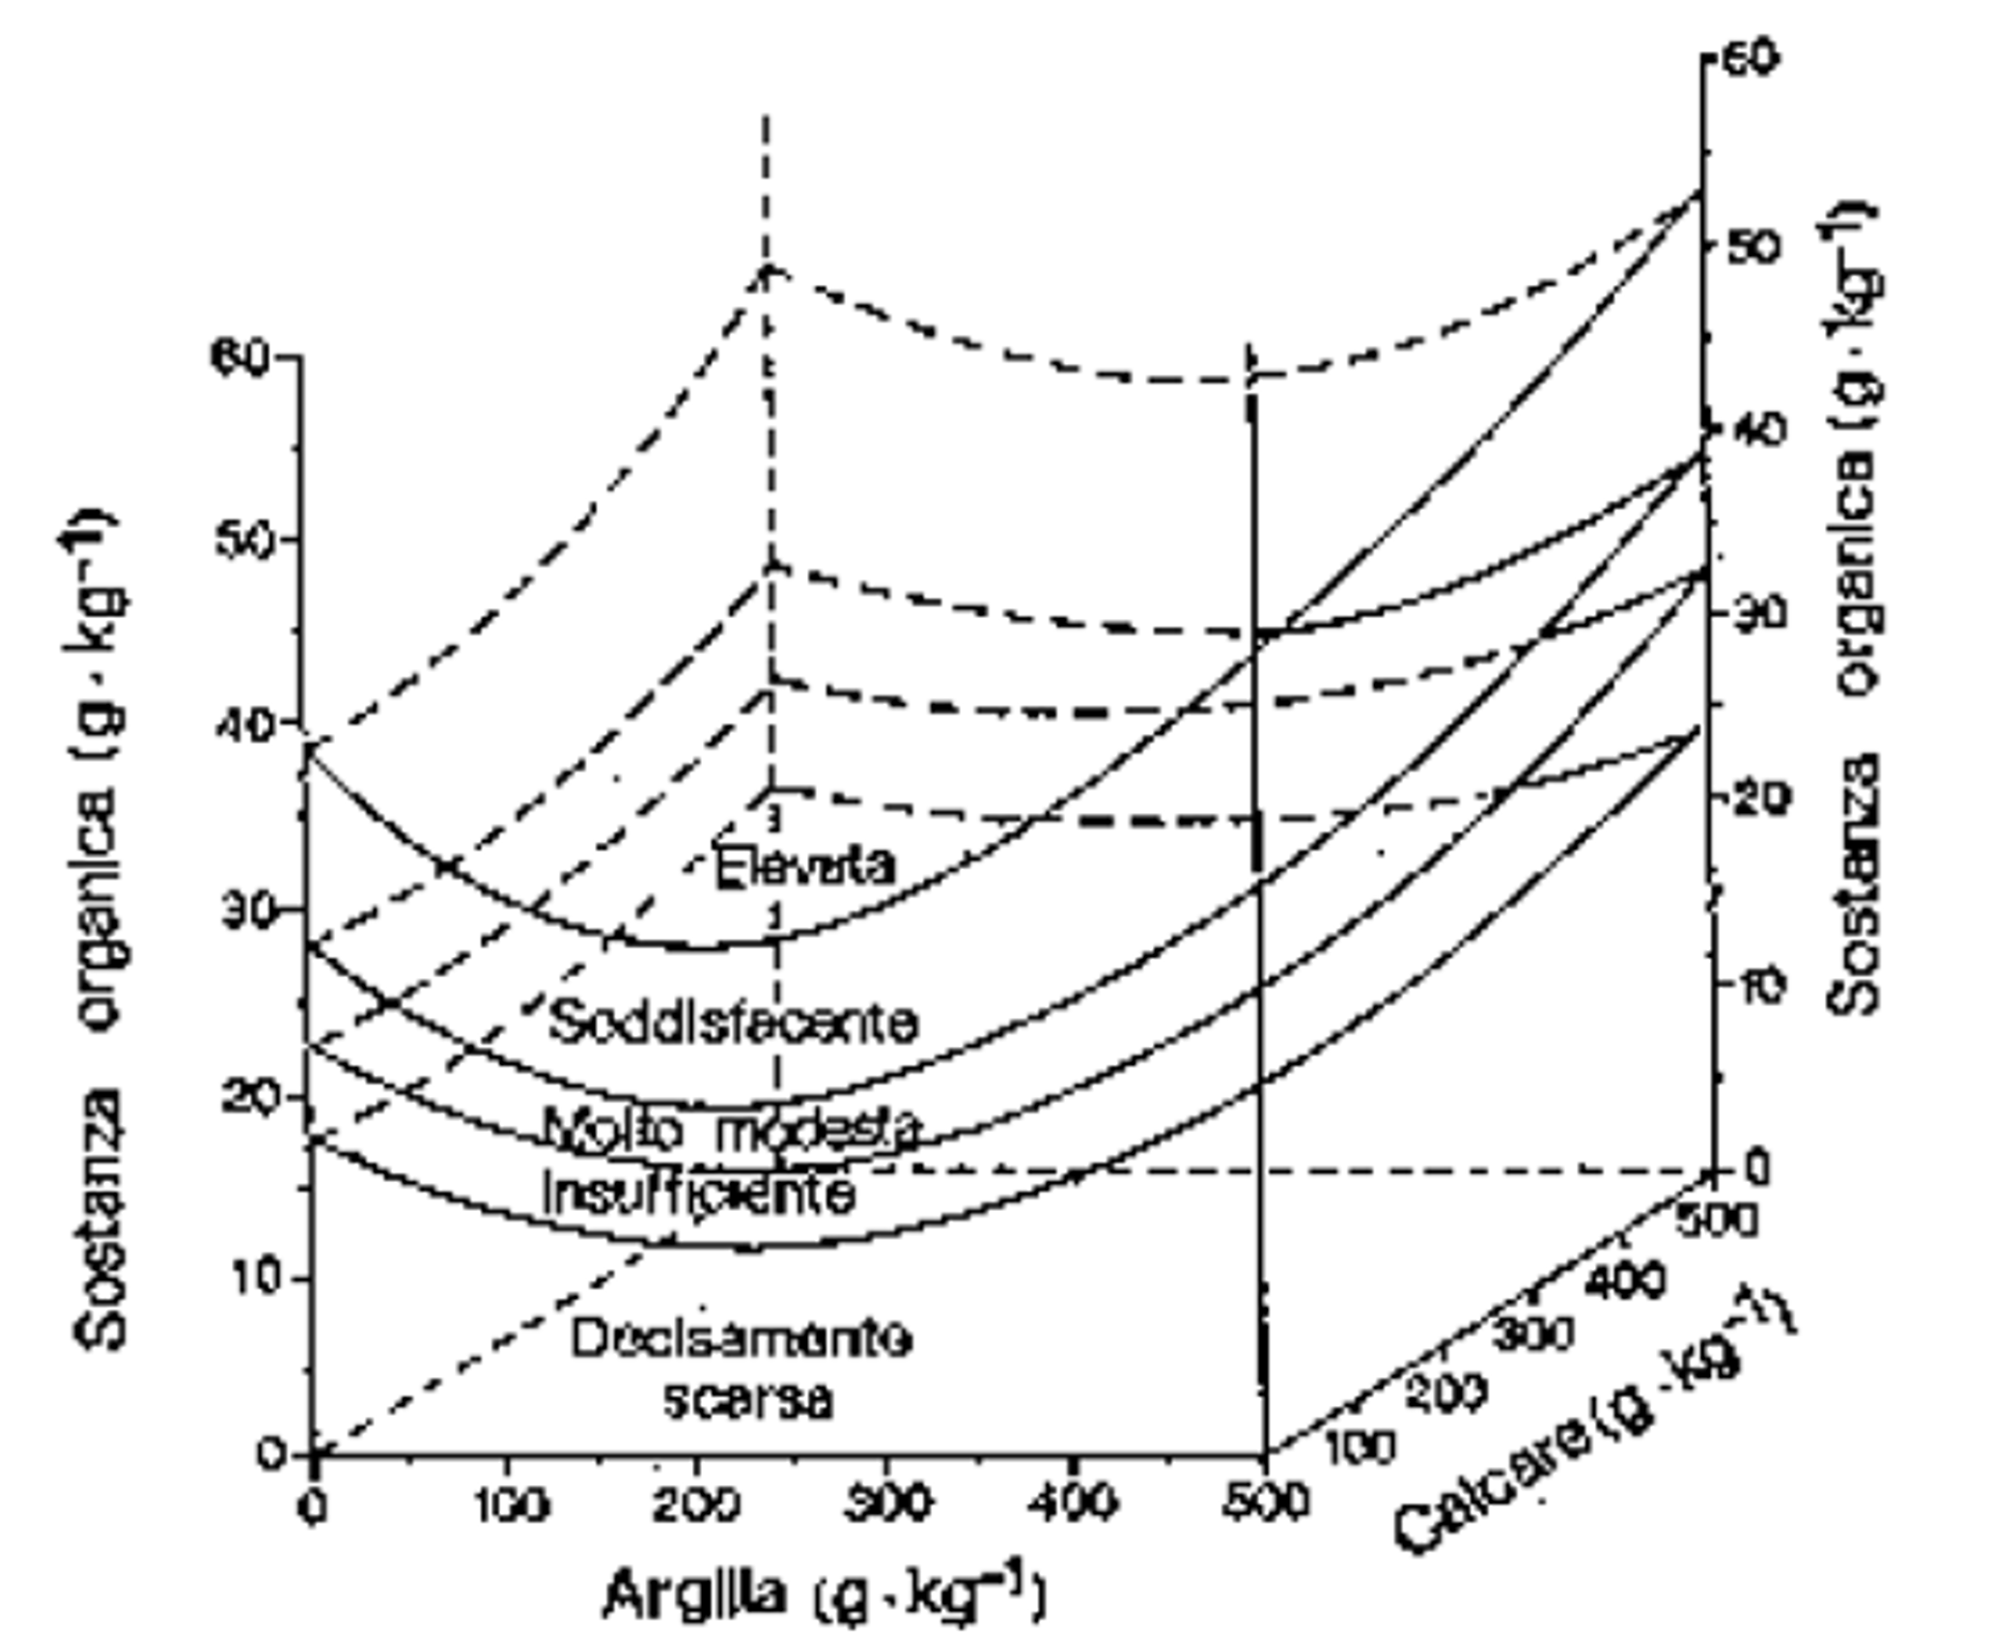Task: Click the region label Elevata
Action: (x=804, y=865)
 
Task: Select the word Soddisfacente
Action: (x=733, y=1022)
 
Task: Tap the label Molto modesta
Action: (x=731, y=1128)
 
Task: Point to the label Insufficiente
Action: (x=699, y=1194)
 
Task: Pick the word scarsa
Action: (x=748, y=1399)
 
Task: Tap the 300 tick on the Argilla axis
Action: (x=887, y=1503)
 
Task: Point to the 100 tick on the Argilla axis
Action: (x=512, y=1505)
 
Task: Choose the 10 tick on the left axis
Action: (x=248, y=1278)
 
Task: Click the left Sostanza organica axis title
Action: (x=97, y=927)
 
